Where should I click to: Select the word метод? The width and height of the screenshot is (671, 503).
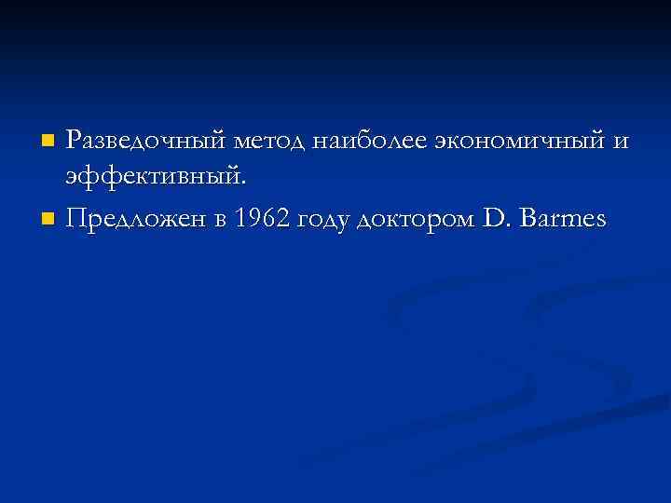[271, 142]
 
